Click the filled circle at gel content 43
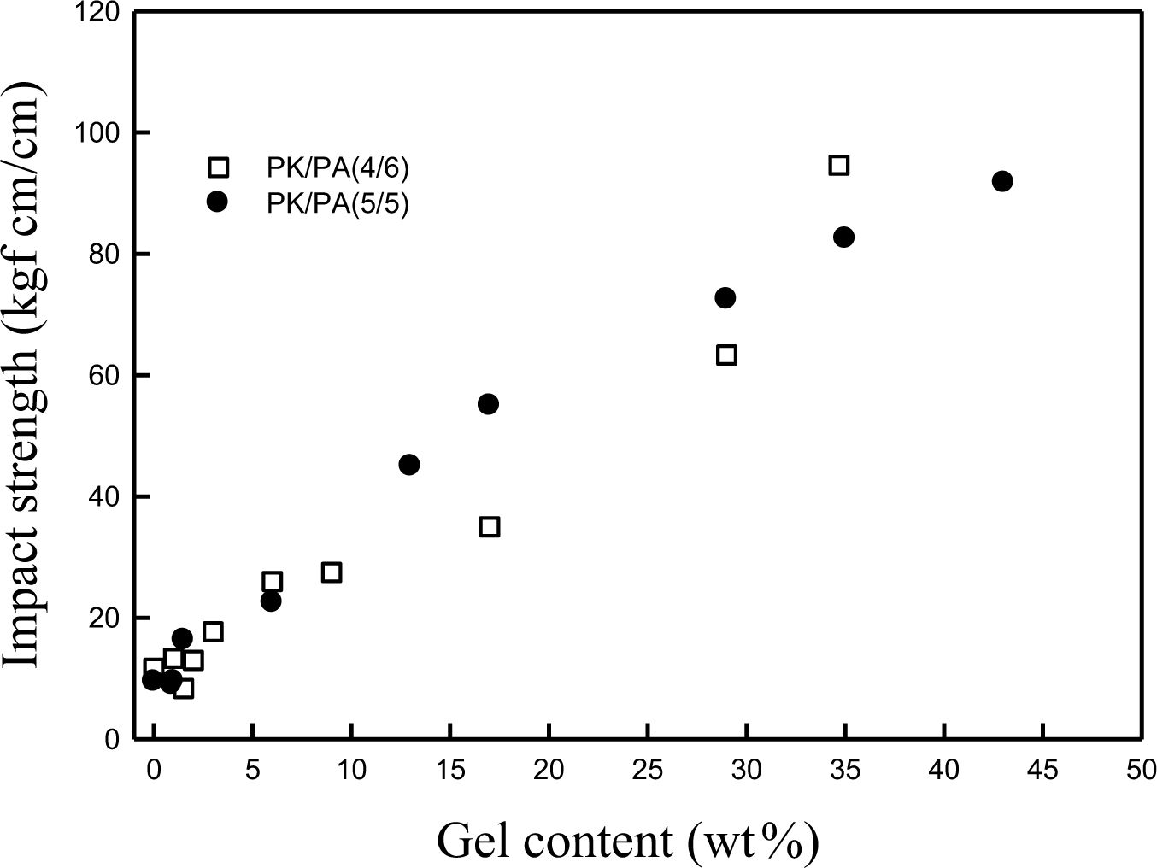point(1002,181)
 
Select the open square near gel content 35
point(838,165)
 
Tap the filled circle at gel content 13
point(408,465)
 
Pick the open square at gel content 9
point(332,572)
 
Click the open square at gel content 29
point(726,355)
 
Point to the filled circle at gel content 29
point(725,297)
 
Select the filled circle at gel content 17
point(488,404)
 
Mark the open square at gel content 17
point(489,526)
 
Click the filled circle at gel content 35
point(843,237)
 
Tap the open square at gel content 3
point(213,631)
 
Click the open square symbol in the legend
point(218,167)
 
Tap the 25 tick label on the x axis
point(648,770)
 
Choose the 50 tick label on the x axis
point(1142,770)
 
